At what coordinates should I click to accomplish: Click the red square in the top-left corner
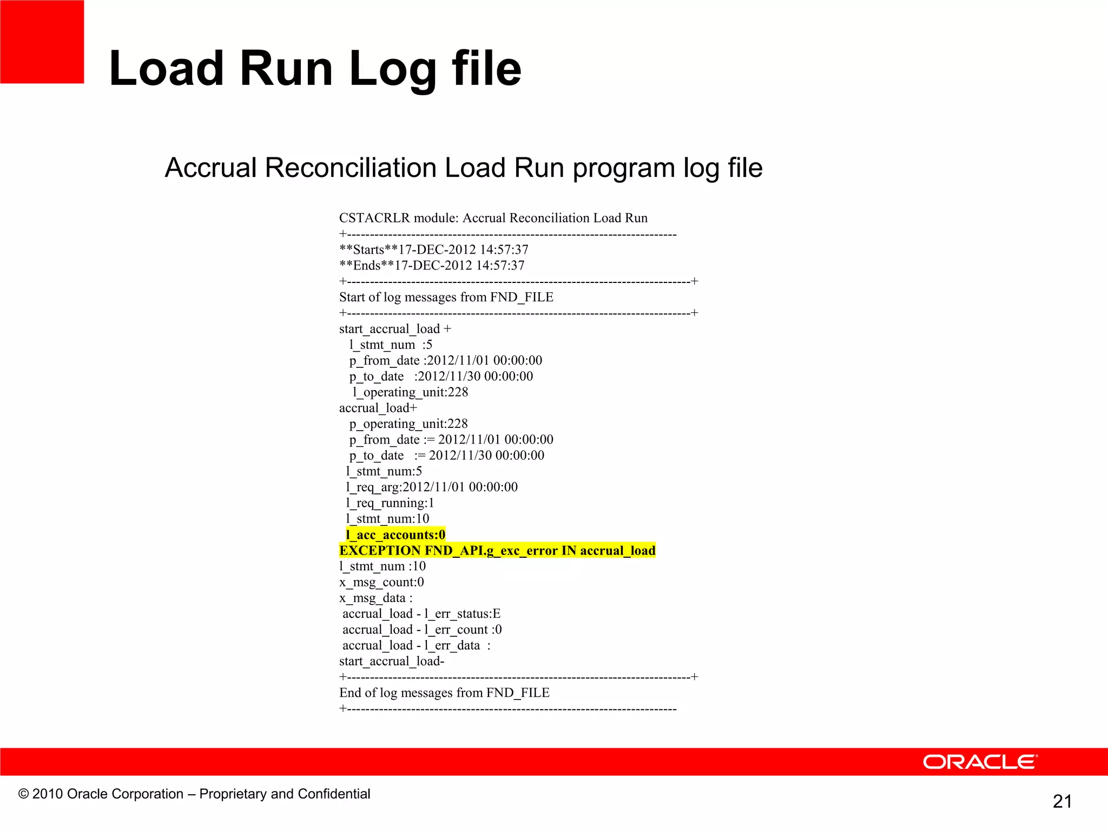42,42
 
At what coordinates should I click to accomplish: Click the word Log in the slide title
393,69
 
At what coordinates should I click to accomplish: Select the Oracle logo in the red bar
980,762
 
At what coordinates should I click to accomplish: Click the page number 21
1062,801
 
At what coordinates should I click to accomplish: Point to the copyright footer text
194,794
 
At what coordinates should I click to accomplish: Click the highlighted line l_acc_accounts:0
395,535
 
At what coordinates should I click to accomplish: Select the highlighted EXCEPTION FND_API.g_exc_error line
497,551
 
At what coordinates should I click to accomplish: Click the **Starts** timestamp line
433,249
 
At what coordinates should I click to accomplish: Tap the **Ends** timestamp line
431,266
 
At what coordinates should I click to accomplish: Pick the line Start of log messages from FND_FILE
446,297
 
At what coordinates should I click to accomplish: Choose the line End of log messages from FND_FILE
444,692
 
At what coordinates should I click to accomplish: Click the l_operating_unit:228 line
410,392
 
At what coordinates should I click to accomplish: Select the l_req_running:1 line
390,503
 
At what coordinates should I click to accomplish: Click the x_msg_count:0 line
381,582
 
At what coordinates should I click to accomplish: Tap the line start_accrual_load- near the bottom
391,661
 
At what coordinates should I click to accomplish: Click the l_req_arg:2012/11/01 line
431,487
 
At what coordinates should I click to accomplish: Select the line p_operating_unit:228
408,424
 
